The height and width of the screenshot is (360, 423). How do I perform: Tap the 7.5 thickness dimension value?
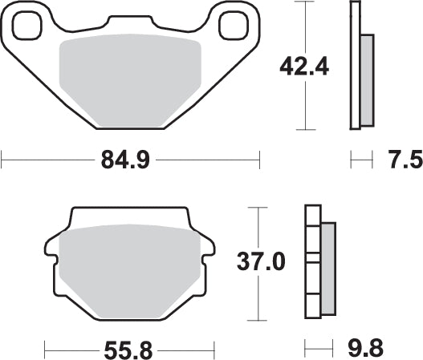coord(404,161)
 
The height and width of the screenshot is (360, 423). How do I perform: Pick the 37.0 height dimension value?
coord(258,261)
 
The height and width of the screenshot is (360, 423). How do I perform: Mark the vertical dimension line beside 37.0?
coord(257,297)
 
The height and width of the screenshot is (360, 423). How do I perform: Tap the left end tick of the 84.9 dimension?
coord(2,161)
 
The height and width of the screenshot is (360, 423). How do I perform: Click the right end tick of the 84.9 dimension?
coord(259,161)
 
